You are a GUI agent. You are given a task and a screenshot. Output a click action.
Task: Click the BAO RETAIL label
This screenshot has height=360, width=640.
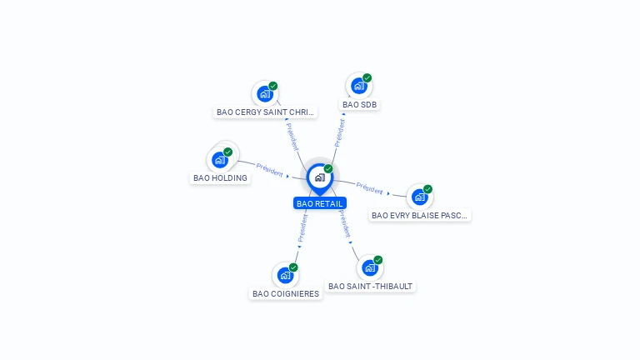[x=320, y=203]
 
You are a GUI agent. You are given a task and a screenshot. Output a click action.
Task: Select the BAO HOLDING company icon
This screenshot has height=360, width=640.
[x=220, y=160]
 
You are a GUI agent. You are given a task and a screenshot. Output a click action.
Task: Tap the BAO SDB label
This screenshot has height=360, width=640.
[x=359, y=104]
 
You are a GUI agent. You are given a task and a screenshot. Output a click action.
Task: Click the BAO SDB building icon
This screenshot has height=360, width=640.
[x=359, y=86]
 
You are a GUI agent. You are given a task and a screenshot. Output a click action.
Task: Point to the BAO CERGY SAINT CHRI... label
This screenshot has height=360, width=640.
[x=265, y=112]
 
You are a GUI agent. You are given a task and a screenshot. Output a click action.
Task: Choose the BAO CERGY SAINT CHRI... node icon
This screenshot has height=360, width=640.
[x=265, y=94]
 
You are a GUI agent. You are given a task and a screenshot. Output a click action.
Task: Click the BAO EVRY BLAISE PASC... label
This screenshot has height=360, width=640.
[x=419, y=215]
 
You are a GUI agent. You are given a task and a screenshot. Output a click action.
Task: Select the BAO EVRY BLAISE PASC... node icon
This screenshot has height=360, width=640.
[x=420, y=197]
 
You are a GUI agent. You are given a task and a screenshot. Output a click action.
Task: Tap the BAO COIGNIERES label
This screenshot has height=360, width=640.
[x=286, y=293]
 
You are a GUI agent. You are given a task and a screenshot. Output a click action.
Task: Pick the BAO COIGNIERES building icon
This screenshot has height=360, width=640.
[x=285, y=275]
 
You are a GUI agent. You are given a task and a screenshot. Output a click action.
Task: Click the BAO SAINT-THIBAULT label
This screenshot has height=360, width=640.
[x=370, y=286]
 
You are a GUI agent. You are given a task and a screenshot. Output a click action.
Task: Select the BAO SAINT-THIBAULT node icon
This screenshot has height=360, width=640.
[x=370, y=267]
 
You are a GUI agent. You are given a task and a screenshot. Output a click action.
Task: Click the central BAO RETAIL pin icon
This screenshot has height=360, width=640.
[x=320, y=179]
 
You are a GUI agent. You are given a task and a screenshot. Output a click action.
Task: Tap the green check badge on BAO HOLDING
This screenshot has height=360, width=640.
[x=227, y=152]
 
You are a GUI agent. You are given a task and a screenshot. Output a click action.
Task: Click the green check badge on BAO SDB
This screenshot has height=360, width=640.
[x=367, y=78]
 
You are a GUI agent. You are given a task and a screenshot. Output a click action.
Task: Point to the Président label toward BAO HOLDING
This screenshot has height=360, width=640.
[x=269, y=170]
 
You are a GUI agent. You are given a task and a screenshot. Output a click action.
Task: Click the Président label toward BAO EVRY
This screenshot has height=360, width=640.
[x=369, y=188]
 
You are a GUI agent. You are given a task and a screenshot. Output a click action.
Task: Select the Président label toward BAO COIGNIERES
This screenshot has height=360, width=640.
[x=302, y=228]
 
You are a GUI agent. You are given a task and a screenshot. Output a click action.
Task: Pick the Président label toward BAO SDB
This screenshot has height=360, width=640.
[x=340, y=133]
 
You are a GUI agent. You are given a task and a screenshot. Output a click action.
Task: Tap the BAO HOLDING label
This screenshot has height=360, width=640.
[x=220, y=178]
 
